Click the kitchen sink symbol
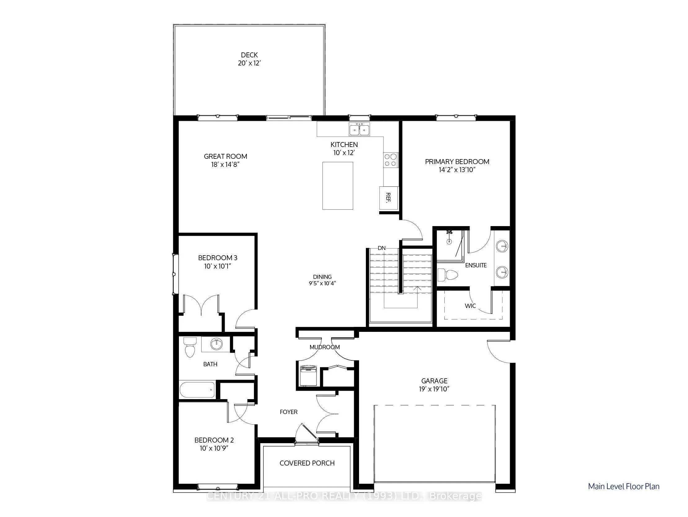click(359, 129)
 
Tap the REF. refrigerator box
click(388, 198)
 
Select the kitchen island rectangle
click(337, 186)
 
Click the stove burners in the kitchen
click(391, 160)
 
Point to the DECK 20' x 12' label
click(249, 59)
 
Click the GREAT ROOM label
click(225, 157)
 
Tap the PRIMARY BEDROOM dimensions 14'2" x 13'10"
click(457, 170)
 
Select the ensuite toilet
click(448, 275)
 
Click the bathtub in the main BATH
click(197, 390)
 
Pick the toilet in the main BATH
click(190, 347)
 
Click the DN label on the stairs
click(382, 248)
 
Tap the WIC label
click(470, 306)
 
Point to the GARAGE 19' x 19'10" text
click(434, 385)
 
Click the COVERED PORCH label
click(307, 463)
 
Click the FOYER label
click(289, 412)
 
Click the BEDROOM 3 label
click(217, 258)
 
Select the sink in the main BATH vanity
click(216, 344)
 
